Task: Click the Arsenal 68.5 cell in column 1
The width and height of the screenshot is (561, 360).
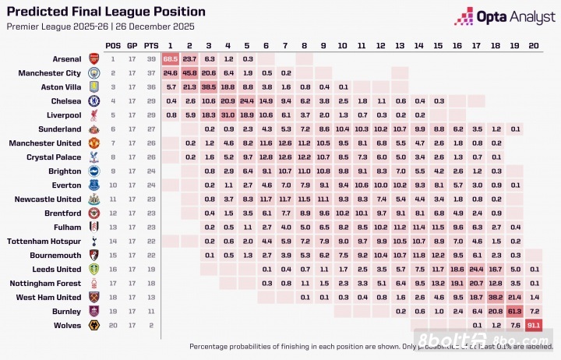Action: [x=171, y=58]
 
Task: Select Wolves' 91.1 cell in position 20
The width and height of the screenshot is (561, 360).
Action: [x=534, y=325]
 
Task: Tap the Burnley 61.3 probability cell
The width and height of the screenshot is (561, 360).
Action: [x=515, y=311]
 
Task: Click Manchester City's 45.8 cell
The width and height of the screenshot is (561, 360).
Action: [x=189, y=72]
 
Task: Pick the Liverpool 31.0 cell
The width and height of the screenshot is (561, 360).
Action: [x=228, y=115]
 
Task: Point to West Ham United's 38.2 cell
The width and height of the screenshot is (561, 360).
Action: [x=496, y=297]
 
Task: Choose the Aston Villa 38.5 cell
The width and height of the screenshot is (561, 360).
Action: [x=209, y=86]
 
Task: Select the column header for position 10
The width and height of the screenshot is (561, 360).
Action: [x=343, y=45]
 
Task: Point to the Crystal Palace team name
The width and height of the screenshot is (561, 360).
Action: [x=54, y=157]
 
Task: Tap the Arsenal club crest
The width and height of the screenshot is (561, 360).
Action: [x=93, y=58]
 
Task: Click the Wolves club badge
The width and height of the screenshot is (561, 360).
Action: [x=93, y=325]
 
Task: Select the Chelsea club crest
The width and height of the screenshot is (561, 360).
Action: [x=93, y=101]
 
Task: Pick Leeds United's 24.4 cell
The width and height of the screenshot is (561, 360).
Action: [x=477, y=269]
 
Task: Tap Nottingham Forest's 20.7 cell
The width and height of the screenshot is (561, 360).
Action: [x=477, y=283]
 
